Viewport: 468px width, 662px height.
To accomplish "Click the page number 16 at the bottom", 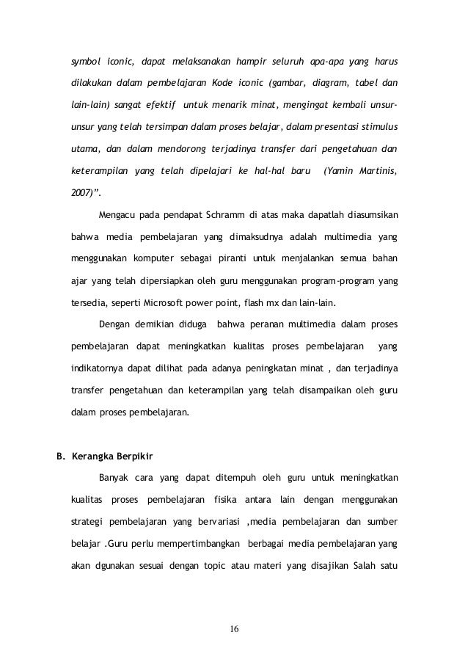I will pos(235,630).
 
